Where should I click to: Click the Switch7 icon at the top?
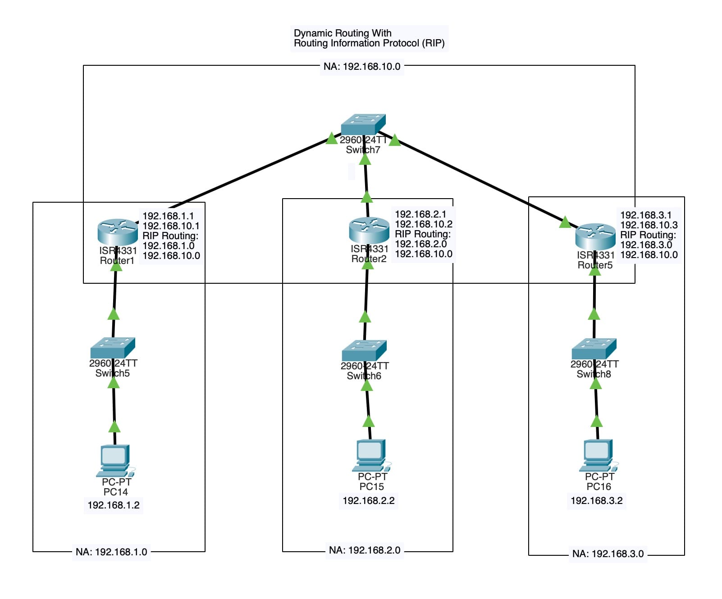coord(363,124)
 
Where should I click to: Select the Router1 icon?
coord(117,231)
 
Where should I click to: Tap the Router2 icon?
coord(369,230)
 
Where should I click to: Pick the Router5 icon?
coord(595,236)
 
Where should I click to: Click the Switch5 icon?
coord(113,348)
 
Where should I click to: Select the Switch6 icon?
coord(364,350)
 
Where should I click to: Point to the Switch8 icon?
coord(594,349)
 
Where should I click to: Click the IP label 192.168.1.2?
coord(114,505)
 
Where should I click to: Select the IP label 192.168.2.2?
coord(369,501)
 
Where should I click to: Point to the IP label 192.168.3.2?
coord(597,501)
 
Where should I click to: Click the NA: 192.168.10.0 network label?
coord(362,67)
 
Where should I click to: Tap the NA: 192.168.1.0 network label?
coord(111,552)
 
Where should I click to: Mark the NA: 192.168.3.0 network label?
coord(608,554)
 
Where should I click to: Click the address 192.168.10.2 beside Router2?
coord(424,224)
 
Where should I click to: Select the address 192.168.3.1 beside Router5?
coord(646,215)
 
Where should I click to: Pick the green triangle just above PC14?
coord(114,427)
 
